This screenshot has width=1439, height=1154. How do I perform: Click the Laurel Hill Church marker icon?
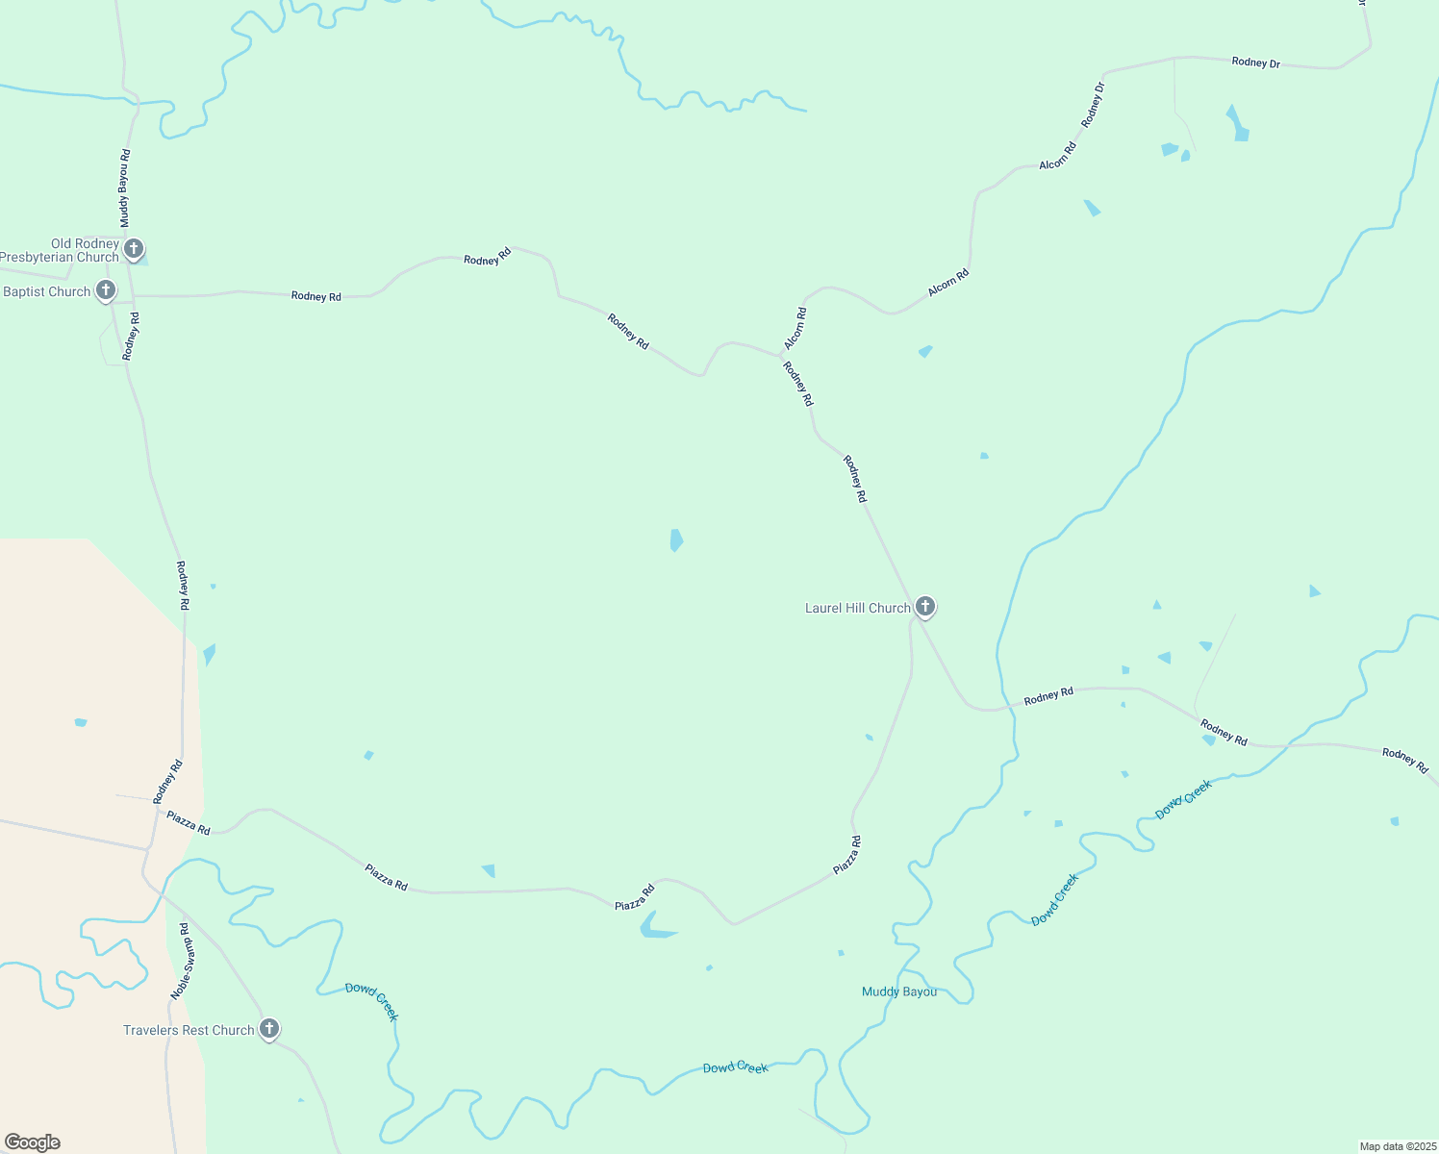click(x=924, y=606)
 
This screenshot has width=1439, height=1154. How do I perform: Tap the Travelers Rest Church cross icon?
click(x=269, y=1028)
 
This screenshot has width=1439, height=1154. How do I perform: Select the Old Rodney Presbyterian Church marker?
click(x=134, y=249)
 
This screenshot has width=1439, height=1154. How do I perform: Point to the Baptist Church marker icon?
click(x=106, y=289)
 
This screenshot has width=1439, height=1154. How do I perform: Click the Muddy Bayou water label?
click(x=898, y=991)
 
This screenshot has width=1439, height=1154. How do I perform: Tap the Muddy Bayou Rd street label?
click(x=124, y=188)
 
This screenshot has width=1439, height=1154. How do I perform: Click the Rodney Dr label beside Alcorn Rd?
click(x=1093, y=105)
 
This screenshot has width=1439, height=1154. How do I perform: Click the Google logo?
click(x=33, y=1142)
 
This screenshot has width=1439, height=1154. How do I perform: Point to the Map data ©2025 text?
click(x=1396, y=1146)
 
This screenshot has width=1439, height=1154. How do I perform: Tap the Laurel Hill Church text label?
click(x=857, y=608)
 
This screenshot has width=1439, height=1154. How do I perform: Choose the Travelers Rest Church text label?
click(x=189, y=1030)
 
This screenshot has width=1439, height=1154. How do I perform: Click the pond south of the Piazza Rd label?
click(x=657, y=926)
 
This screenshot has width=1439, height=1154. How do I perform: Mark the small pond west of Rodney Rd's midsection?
click(x=676, y=540)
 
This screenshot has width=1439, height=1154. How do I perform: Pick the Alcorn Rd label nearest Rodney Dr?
click(x=1057, y=157)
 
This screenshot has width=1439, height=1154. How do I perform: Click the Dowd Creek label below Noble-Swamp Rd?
click(x=372, y=1000)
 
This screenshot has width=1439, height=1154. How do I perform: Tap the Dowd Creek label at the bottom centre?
click(x=735, y=1067)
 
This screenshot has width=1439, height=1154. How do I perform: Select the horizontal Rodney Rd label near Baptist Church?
click(x=316, y=296)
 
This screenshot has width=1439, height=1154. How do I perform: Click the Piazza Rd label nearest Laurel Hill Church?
click(x=847, y=855)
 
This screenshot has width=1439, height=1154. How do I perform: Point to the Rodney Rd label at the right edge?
click(x=1405, y=760)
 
